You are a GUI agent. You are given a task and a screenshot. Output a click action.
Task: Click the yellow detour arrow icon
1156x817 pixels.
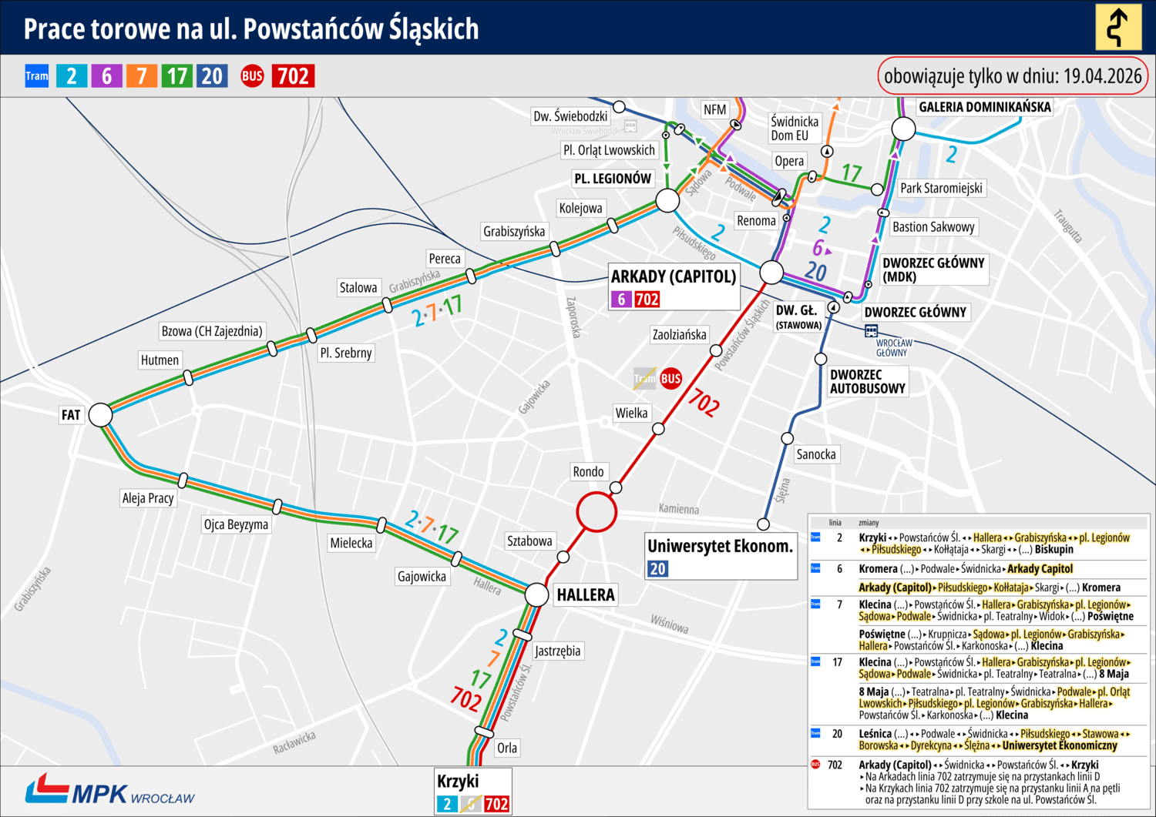click(x=1118, y=27)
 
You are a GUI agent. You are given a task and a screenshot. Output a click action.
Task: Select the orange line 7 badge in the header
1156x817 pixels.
click(x=141, y=75)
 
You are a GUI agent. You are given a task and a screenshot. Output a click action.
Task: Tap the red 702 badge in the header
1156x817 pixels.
click(x=293, y=75)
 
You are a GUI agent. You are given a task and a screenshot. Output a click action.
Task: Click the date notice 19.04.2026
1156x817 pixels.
click(x=1013, y=76)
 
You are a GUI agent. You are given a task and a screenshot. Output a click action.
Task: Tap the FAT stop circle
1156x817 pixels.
click(x=100, y=414)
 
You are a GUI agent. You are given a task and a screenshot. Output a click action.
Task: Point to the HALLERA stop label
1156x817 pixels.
click(x=586, y=595)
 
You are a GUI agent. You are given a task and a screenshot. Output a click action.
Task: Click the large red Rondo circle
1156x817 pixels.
click(x=596, y=511)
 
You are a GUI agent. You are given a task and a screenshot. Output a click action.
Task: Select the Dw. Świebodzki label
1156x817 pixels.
click(x=570, y=116)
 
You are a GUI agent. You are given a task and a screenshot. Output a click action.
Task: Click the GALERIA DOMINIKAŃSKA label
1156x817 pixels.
click(x=984, y=107)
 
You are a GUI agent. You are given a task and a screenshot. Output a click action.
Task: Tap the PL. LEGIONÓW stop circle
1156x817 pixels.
click(x=667, y=201)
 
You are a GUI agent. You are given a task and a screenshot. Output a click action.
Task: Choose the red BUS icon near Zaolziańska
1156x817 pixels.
click(x=670, y=378)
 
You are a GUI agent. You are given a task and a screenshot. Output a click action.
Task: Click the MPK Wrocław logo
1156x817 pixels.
click(x=109, y=791)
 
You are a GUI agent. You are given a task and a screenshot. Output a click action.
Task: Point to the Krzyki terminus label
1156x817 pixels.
click(x=458, y=782)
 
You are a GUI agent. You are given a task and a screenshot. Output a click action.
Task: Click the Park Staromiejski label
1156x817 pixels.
click(x=941, y=188)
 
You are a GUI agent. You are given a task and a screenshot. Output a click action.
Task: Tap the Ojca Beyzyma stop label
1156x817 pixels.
click(x=236, y=524)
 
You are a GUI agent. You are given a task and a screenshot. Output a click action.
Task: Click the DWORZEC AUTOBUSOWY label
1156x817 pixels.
click(x=867, y=381)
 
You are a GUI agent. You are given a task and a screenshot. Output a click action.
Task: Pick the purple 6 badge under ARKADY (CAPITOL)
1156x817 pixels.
click(x=621, y=299)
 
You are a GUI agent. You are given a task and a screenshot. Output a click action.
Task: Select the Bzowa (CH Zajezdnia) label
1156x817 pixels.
click(x=211, y=331)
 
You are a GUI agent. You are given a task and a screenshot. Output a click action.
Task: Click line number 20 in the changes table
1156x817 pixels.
click(x=837, y=734)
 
